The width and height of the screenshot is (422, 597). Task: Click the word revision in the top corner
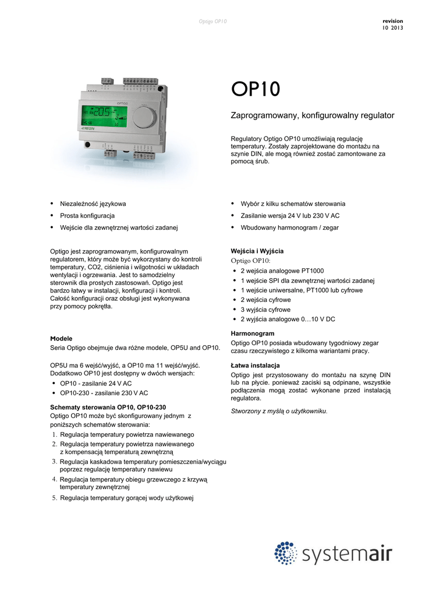pyautogui.click(x=392, y=21)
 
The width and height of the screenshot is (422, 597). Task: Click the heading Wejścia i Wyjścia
pyautogui.click(x=257, y=251)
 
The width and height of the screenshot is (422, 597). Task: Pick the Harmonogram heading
pyautogui.click(x=253, y=333)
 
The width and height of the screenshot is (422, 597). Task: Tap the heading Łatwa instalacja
pyautogui.click(x=256, y=366)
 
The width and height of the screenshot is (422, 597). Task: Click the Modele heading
pyautogui.click(x=62, y=338)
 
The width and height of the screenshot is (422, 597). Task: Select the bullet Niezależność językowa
pyautogui.click(x=93, y=204)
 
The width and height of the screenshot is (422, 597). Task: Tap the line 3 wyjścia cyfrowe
pyautogui.click(x=265, y=310)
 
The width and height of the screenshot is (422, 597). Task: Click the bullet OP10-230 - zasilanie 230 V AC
pyautogui.click(x=104, y=393)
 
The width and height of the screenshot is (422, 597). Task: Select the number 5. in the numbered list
pyautogui.click(x=54, y=498)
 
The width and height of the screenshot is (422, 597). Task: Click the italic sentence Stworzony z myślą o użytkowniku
pyautogui.click(x=279, y=411)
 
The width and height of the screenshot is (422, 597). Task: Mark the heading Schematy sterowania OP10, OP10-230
pyautogui.click(x=108, y=407)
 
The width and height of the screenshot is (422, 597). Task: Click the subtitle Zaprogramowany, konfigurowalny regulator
pyautogui.click(x=313, y=115)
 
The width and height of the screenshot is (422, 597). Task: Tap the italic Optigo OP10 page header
pyautogui.click(x=212, y=22)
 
